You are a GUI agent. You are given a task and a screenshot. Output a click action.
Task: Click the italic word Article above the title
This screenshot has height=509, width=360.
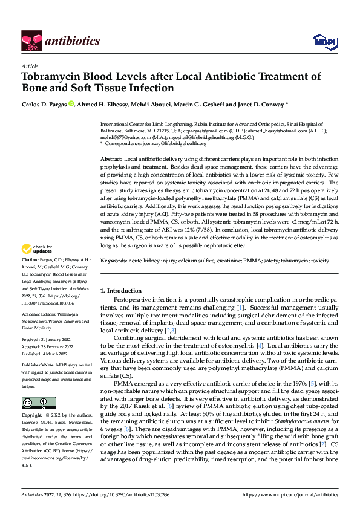[x=30, y=66]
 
